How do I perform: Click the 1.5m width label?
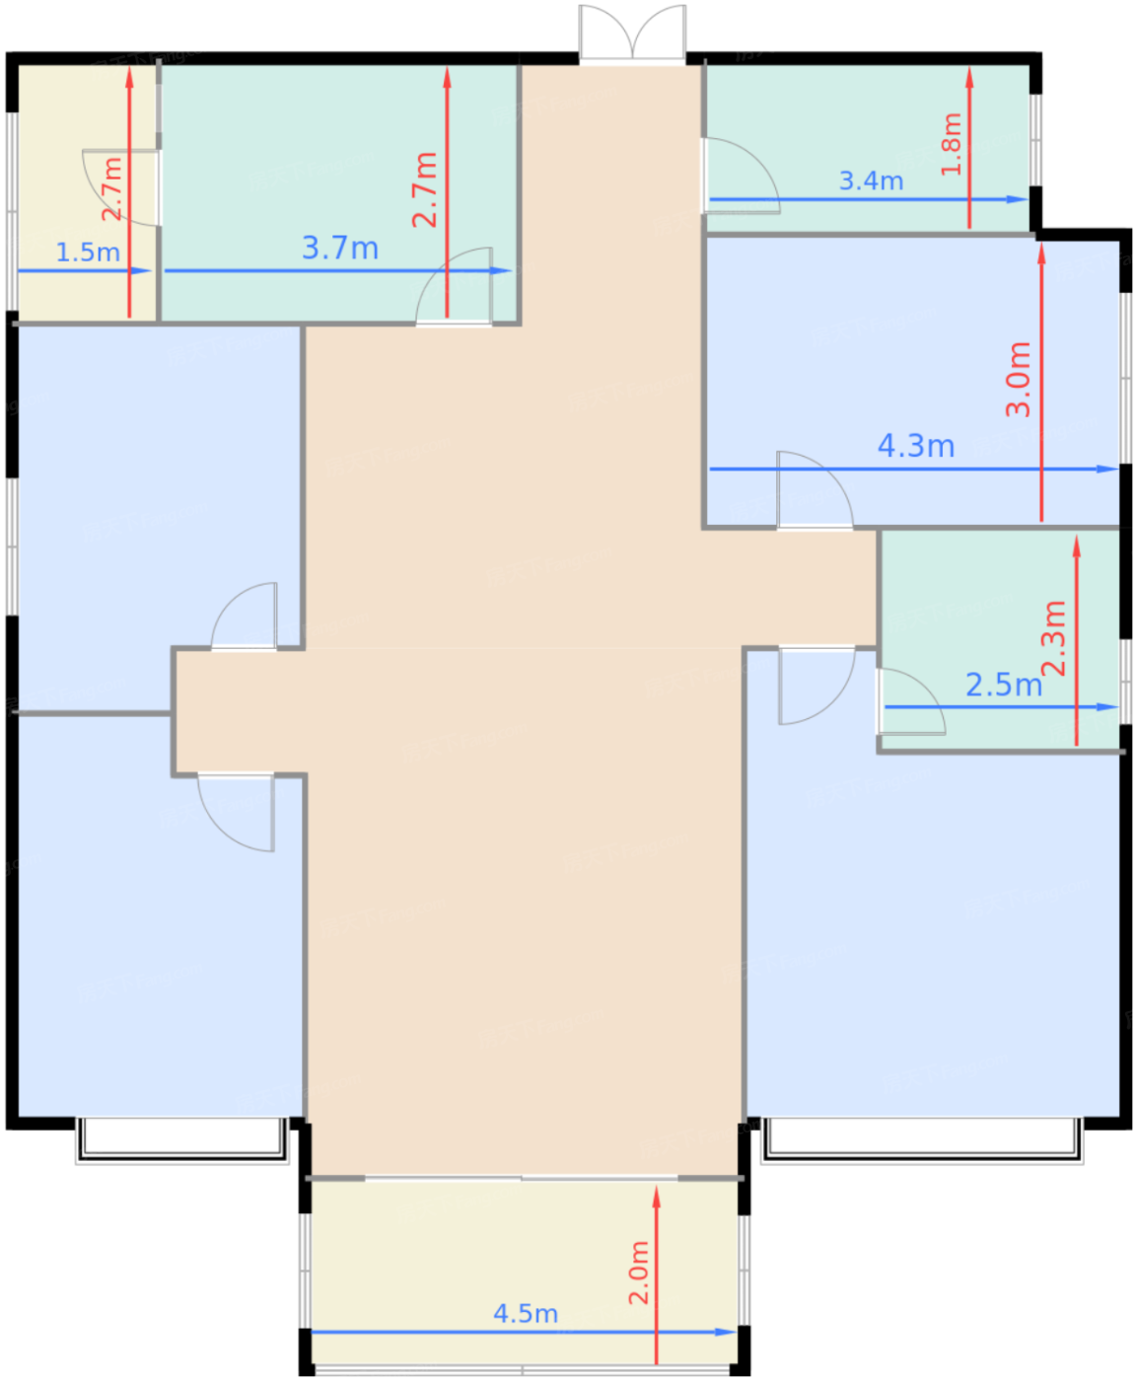(x=88, y=253)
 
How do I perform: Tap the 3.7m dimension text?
(x=340, y=249)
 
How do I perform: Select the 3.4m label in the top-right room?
(x=871, y=182)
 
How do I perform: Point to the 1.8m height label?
(x=952, y=144)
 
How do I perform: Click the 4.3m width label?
(x=916, y=447)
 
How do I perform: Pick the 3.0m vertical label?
(x=1019, y=380)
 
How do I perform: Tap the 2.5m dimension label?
(x=1003, y=685)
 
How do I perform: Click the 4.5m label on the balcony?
(x=526, y=1314)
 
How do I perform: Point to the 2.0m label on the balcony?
(x=639, y=1272)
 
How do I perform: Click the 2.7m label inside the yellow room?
(x=112, y=188)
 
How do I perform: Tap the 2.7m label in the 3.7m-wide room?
(x=425, y=189)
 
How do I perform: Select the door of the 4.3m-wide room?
(x=814, y=491)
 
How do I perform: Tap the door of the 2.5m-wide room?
(x=909, y=703)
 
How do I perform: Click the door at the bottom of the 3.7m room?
(x=455, y=287)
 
